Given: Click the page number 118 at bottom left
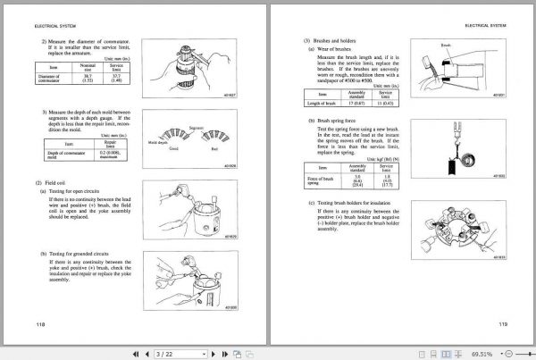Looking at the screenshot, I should tap(36, 322).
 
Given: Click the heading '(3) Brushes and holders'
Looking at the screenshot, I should tap(333, 40).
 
